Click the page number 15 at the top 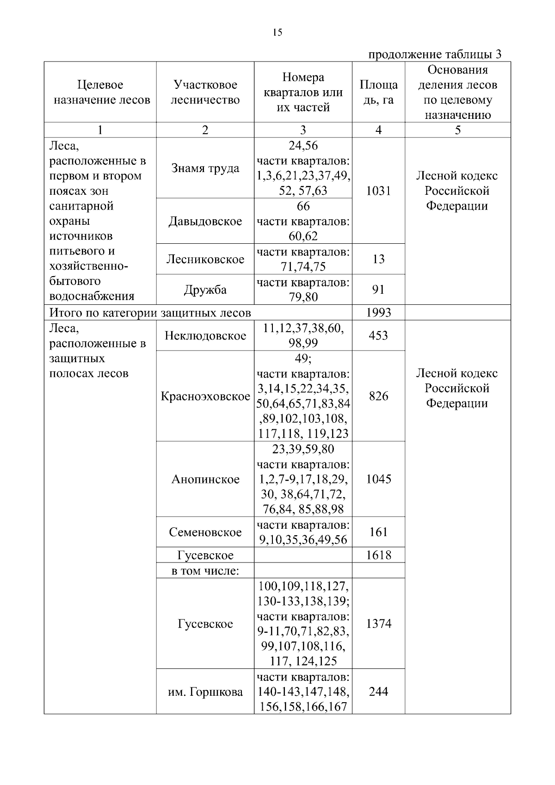pos(277,32)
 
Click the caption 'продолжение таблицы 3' pos(434,54)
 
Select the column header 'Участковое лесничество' pos(205,92)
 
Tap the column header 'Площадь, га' pos(378,92)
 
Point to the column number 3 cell pos(303,130)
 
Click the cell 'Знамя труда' pos(205,168)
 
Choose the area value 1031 pos(378,191)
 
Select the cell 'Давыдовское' pos(205,221)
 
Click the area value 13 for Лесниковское pos(378,259)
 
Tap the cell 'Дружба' pos(205,290)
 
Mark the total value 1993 pos(378,313)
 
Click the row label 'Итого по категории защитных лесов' pos(150,313)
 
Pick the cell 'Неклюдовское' pos(205,335)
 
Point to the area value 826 pos(378,396)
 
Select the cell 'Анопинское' pos(205,479)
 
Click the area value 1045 pos(378,479)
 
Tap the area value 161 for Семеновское pos(378,532)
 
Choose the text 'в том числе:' pos(205,571)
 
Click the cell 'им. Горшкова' pos(205,692)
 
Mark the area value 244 pos(378,692)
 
